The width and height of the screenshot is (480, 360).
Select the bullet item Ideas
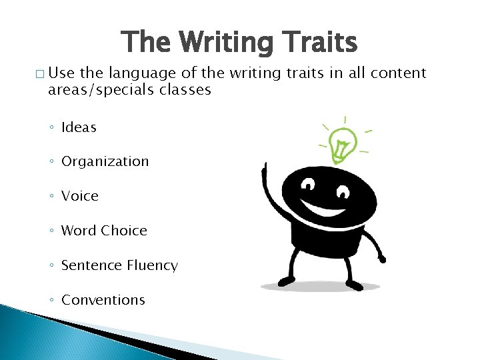(x=79, y=127)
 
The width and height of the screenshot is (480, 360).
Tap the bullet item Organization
(x=105, y=162)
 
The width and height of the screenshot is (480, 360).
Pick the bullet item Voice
(x=79, y=197)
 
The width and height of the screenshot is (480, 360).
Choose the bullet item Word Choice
(x=104, y=231)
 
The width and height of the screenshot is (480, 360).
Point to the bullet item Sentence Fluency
(x=119, y=265)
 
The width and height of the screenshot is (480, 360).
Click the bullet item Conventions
(x=103, y=300)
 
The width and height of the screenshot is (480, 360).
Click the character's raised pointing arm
(x=270, y=190)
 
